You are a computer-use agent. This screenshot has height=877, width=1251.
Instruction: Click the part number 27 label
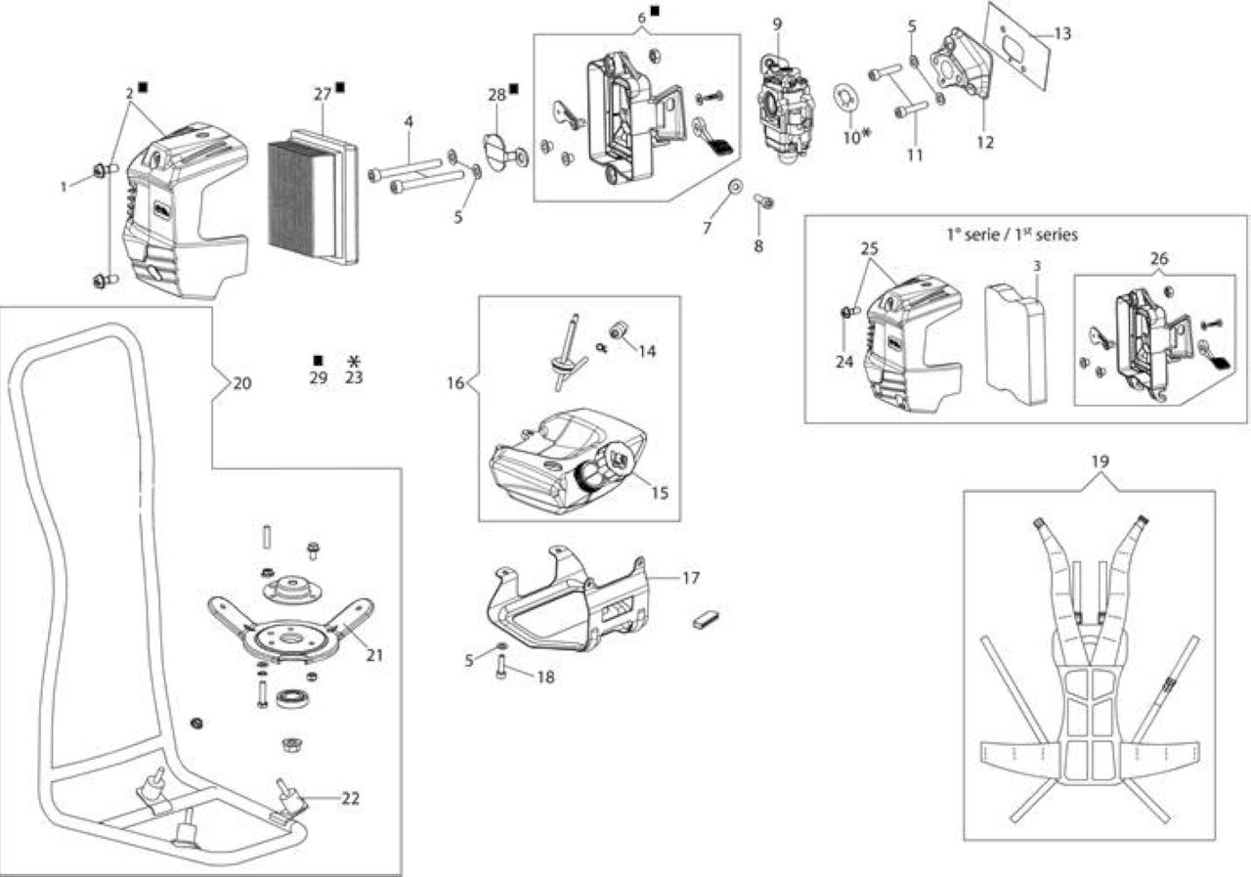(323, 95)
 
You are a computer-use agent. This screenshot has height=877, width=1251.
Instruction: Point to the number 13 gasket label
(1062, 34)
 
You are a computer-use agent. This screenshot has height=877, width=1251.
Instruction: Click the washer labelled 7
(735, 186)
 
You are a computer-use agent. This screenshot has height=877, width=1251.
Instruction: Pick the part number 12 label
(985, 143)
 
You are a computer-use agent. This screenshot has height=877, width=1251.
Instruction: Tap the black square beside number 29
(319, 361)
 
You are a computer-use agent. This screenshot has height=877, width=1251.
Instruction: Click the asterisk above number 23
(354, 361)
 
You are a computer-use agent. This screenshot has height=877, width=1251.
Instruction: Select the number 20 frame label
(241, 383)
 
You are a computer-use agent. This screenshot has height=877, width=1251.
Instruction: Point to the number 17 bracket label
(691, 578)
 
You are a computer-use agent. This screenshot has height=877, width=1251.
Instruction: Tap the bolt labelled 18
(500, 667)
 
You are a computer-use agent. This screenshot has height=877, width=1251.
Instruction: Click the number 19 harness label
(1100, 461)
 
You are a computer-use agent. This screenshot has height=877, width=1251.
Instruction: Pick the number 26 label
(1159, 259)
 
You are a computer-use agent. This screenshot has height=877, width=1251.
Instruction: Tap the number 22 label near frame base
(350, 799)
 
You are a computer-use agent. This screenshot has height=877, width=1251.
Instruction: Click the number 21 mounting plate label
(374, 655)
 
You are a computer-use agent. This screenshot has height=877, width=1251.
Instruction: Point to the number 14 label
(647, 351)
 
